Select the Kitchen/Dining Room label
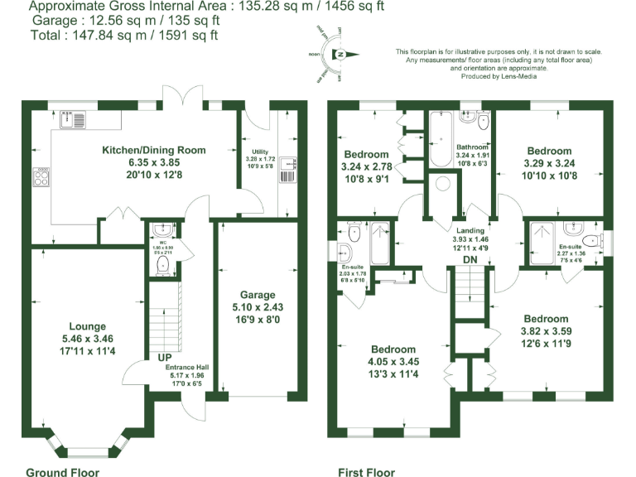153,150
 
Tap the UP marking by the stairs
164,358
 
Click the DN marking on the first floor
470,260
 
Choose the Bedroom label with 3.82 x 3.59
546,319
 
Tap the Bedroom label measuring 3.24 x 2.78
366,154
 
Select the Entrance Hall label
188,368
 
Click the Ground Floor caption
62,472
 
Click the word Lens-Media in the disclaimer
519,76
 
